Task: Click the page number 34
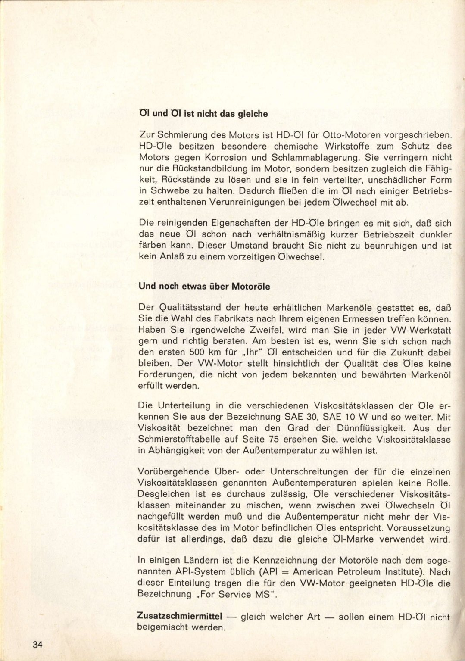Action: (x=37, y=645)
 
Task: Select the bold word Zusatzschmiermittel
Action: (x=179, y=616)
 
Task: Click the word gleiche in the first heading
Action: (x=251, y=114)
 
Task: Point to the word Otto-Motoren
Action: (x=340, y=135)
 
